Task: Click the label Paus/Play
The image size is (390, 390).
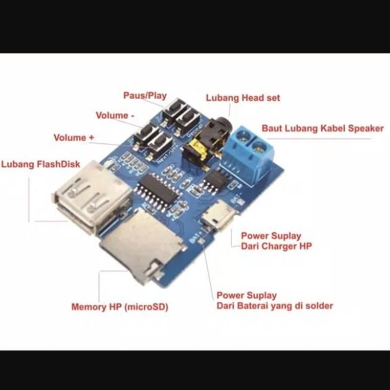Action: pos(145,96)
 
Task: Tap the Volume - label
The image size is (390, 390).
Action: pos(114,116)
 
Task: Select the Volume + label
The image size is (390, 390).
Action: pos(78,137)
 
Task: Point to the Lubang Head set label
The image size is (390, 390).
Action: pos(243,98)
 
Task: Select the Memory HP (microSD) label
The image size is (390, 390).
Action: pos(119,307)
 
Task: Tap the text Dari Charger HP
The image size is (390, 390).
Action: pos(276,246)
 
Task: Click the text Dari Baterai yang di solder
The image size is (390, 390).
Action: pos(274,306)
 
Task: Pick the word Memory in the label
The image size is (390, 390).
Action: pos(89,307)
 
